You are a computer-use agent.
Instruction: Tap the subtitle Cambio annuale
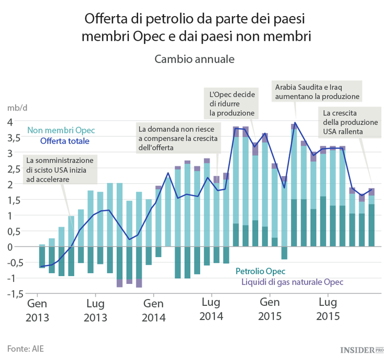(x=194, y=59)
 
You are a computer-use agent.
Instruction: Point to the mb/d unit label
(x=17, y=108)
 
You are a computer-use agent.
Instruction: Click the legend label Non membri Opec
(x=61, y=130)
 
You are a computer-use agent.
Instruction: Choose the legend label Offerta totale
(x=65, y=141)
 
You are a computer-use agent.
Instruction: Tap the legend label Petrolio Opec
(x=260, y=271)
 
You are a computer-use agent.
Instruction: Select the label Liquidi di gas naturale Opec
(x=292, y=282)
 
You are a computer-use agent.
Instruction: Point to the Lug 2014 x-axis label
(x=211, y=309)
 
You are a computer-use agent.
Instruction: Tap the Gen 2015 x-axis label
(x=270, y=309)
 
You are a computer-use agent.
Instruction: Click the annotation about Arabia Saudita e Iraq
(x=317, y=92)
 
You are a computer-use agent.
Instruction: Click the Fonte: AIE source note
(x=26, y=347)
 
